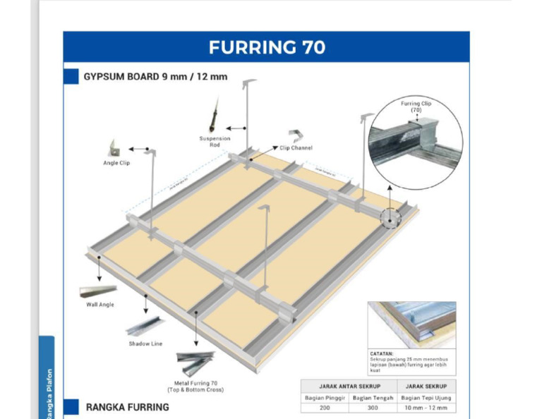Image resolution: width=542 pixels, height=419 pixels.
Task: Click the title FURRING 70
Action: [267, 47]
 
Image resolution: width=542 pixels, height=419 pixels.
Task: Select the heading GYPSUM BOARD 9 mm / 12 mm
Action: [155, 76]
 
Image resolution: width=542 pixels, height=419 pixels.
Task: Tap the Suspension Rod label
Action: [215, 141]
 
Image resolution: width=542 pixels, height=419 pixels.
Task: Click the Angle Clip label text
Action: [116, 163]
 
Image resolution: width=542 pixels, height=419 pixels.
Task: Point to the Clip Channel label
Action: [296, 148]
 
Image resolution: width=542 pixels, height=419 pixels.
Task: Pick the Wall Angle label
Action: [100, 305]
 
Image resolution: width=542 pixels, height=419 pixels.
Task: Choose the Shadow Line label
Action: [145, 344]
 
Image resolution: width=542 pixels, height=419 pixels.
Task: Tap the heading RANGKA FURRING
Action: [127, 407]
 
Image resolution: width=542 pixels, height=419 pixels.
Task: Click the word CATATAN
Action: [383, 353]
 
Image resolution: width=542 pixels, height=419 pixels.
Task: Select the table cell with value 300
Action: [373, 408]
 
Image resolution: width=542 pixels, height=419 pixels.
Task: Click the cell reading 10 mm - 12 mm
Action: [426, 408]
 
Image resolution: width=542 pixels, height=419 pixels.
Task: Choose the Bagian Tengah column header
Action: [373, 397]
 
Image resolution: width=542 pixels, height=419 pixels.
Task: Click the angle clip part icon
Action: [112, 148]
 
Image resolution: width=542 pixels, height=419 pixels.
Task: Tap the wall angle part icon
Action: [98, 291]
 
